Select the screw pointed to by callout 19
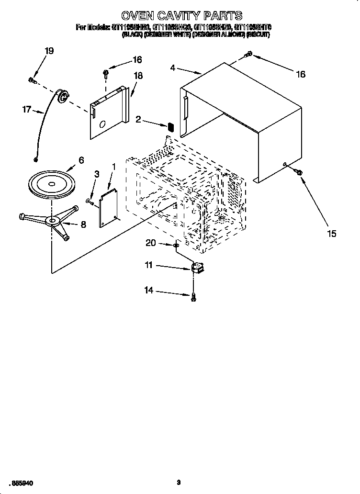pos(33,80)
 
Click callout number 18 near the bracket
pos(138,75)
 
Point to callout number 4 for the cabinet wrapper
pos(172,68)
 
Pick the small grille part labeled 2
pos(169,127)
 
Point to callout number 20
pos(151,243)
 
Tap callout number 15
pos(331,234)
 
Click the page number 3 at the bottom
pos(178,483)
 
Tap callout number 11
pos(149,264)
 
